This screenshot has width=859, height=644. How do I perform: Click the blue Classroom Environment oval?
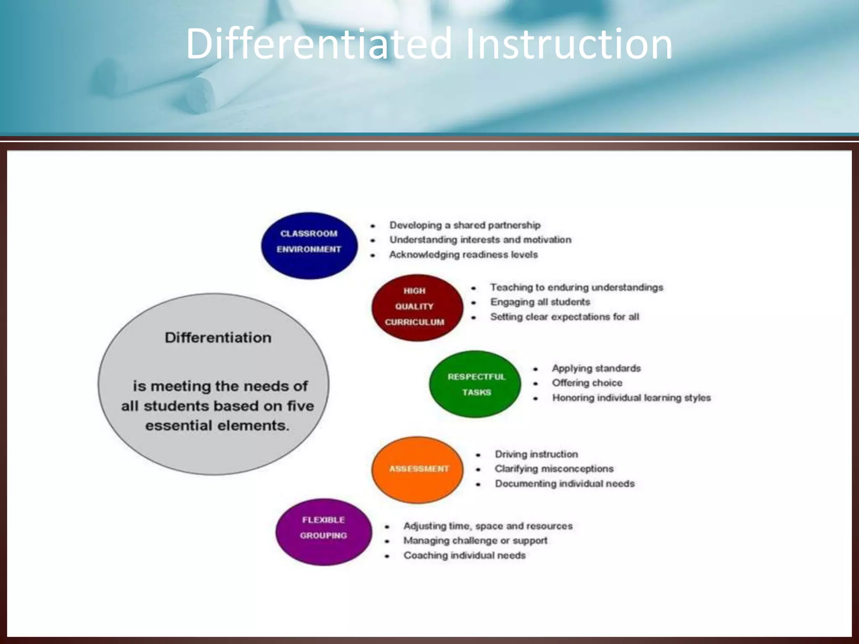coord(309,245)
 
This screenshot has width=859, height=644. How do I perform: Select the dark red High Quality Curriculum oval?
coord(417,307)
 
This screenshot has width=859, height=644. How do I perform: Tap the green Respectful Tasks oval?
coord(475,384)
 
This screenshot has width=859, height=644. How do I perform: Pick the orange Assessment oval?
coord(418,469)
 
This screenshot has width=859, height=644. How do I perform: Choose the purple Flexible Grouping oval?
coord(323,532)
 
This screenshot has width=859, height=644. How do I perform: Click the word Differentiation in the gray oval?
coord(218,338)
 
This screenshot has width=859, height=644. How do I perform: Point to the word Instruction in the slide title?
coord(568,44)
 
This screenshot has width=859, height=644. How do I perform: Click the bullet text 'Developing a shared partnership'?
coord(465,225)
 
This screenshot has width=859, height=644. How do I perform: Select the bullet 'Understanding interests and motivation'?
coord(480,240)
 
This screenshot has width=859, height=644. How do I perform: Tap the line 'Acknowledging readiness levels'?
coord(463,254)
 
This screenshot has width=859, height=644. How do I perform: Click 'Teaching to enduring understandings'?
coord(577,288)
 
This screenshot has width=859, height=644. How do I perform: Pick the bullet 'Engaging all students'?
coord(540,302)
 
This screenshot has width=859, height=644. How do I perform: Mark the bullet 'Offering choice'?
coord(587,383)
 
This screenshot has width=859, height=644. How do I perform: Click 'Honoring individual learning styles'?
coord(631,397)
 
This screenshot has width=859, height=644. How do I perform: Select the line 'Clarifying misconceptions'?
coord(554,469)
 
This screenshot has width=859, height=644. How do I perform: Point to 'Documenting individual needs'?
coord(565,483)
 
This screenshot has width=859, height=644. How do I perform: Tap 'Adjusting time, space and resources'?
coord(488,526)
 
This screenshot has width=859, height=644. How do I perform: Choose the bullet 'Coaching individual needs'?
coord(464,555)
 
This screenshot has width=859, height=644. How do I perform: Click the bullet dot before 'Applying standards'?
coord(536,369)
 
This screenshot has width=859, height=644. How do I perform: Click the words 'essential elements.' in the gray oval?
coord(217,426)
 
